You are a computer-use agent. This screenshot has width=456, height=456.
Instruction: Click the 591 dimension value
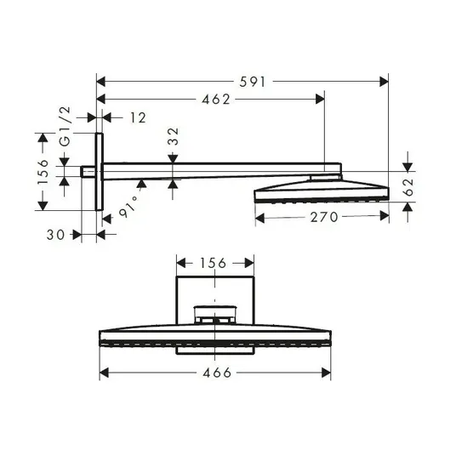(252, 82)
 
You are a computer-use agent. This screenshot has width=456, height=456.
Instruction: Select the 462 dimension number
(216, 100)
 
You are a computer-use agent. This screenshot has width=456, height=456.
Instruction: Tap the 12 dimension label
(138, 117)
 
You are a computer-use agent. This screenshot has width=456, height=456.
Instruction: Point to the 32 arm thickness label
(174, 136)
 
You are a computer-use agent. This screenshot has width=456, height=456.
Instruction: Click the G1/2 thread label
(65, 126)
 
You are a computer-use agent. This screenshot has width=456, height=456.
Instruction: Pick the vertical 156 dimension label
(43, 172)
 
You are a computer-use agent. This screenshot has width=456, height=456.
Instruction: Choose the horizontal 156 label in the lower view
(213, 263)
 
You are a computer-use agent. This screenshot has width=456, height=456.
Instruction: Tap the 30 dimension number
(55, 235)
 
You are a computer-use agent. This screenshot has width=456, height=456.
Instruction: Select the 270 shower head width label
(323, 217)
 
